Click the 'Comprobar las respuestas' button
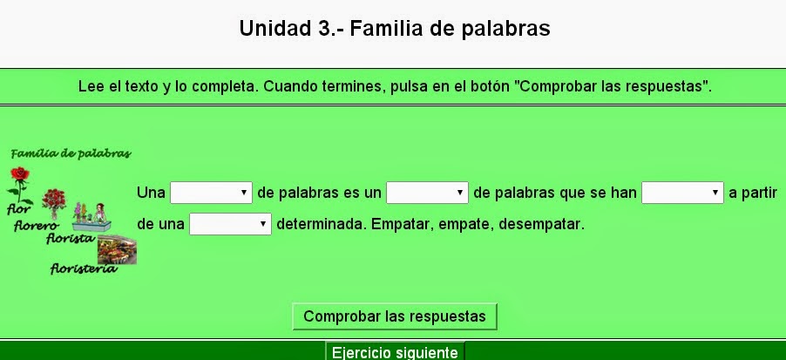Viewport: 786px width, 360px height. pyautogui.click(x=394, y=316)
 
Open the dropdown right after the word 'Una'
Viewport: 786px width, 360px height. pyautogui.click(x=211, y=193)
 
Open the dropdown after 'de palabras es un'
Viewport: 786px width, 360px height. pyautogui.click(x=427, y=193)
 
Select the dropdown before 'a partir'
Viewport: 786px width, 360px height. pyautogui.click(x=682, y=193)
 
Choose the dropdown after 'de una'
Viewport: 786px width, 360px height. pyautogui.click(x=230, y=225)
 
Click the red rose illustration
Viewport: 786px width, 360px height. pyautogui.click(x=18, y=184)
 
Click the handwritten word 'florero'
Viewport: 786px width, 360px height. pyautogui.click(x=35, y=226)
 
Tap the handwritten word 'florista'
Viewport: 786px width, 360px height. pyautogui.click(x=70, y=237)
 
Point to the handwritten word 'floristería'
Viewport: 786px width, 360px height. pyautogui.click(x=83, y=268)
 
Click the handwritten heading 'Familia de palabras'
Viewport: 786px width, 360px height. pyautogui.click(x=71, y=154)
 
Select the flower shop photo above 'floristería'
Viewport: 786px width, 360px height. pyautogui.click(x=116, y=250)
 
